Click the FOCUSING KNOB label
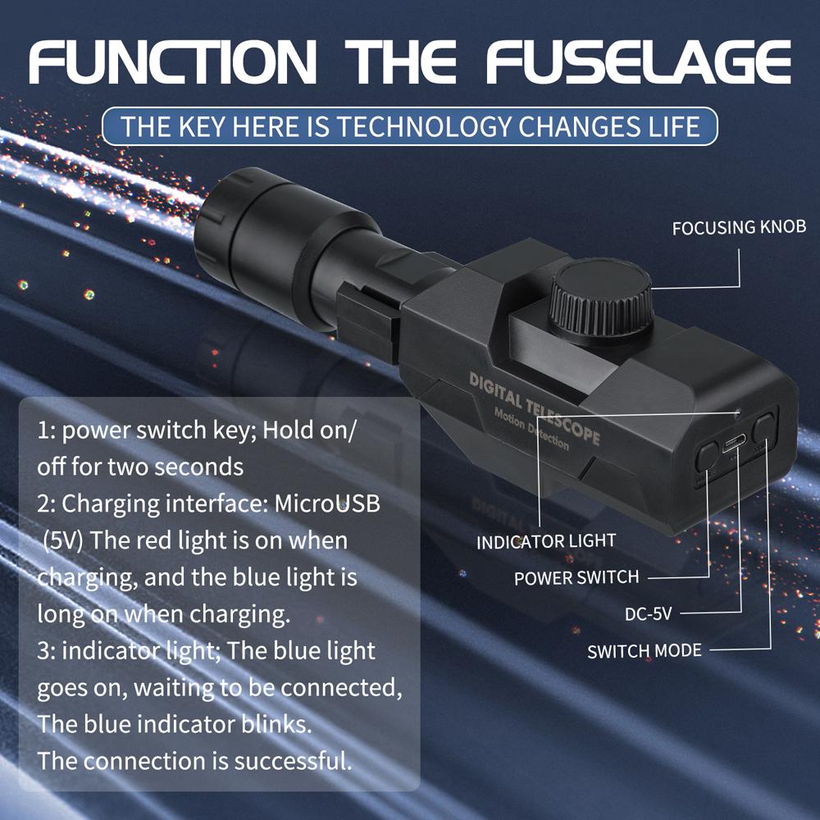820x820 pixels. click(x=739, y=227)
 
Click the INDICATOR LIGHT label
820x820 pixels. click(x=545, y=542)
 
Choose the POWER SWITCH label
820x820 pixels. click(x=576, y=577)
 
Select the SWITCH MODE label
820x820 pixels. click(x=645, y=651)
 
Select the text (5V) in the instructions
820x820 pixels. click(x=62, y=540)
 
